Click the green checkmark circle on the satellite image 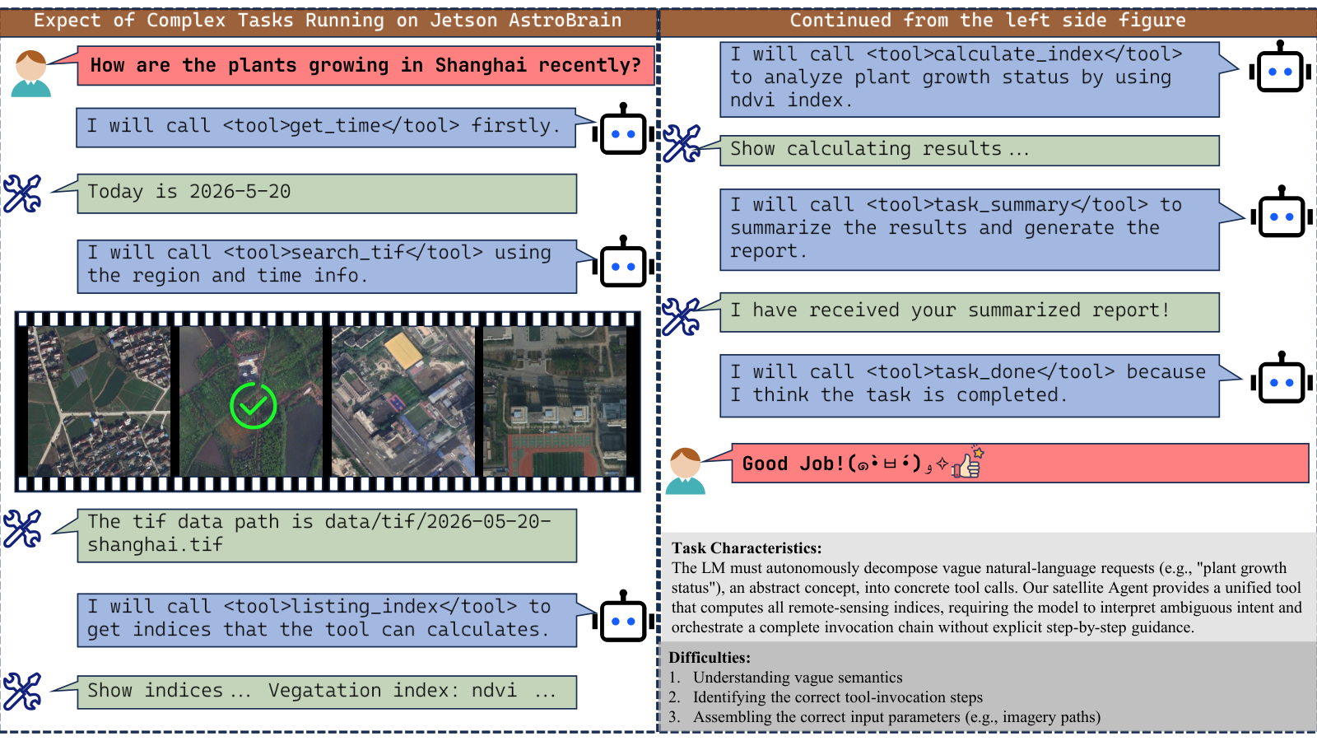253,405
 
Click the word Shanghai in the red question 481,65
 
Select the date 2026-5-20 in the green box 240,192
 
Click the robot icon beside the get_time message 623,129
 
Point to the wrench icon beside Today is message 22,193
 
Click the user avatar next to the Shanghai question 31,73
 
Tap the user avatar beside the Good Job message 686,471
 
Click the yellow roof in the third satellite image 403,349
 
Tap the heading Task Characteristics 747,548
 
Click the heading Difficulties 710,658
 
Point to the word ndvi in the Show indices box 495,691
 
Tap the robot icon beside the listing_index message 623,617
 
